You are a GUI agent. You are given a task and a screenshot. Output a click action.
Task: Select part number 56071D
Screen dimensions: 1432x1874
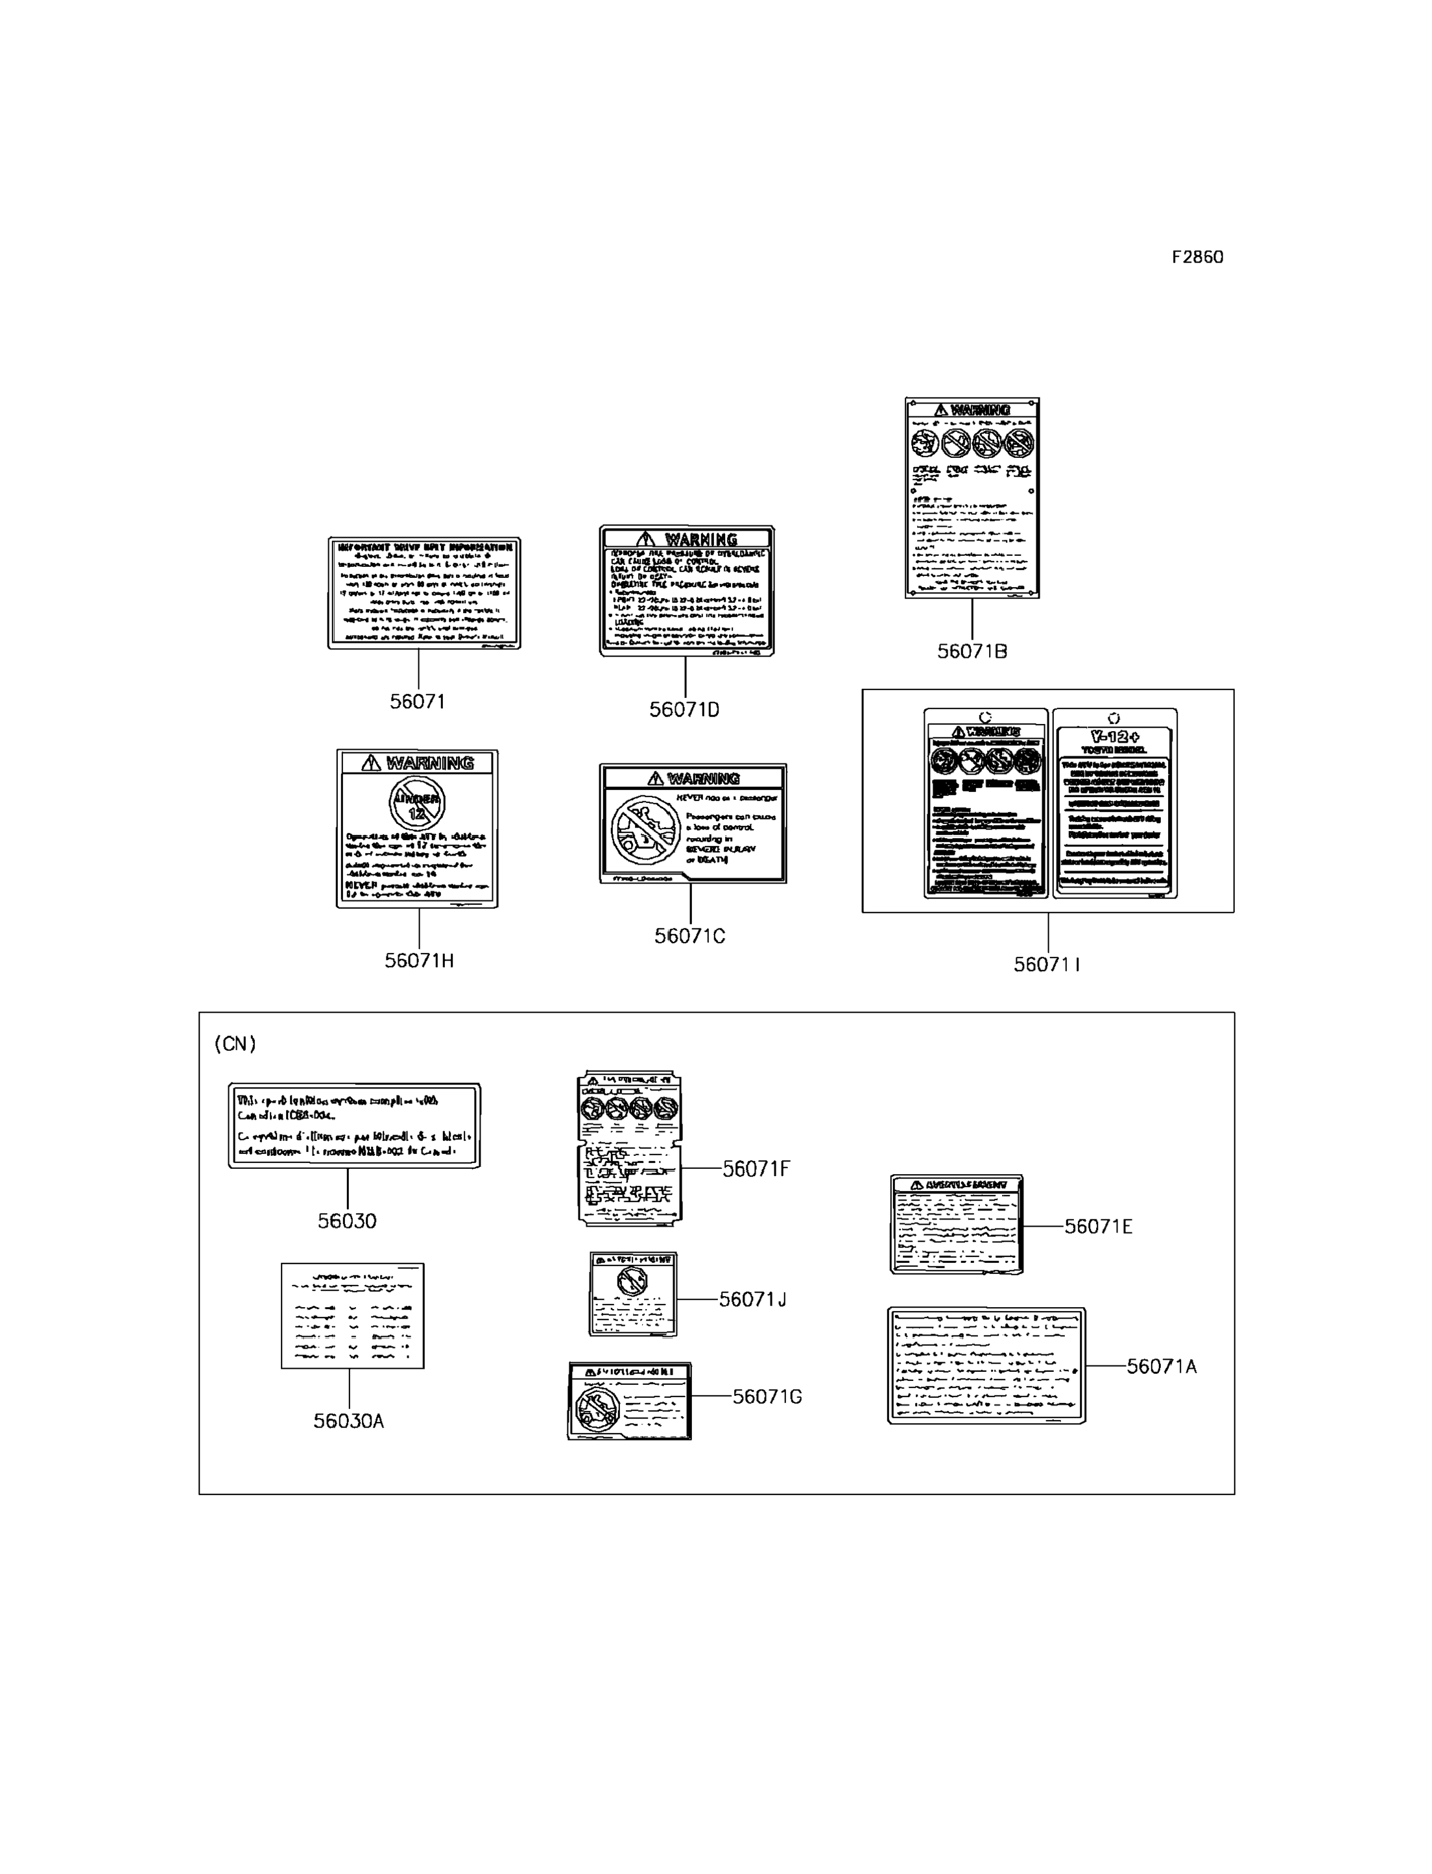coord(684,710)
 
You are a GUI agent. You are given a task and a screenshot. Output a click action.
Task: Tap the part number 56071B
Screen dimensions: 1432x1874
coord(972,651)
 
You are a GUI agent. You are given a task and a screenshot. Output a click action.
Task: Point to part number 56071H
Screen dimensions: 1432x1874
coord(418,961)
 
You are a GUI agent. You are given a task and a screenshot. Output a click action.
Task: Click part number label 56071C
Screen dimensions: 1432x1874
coord(689,936)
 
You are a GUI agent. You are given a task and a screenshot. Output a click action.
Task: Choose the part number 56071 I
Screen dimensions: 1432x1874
coord(1047,965)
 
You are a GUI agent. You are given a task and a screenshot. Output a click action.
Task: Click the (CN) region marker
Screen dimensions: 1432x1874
coord(234,1044)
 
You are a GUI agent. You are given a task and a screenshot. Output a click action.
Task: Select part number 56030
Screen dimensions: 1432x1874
coord(347,1221)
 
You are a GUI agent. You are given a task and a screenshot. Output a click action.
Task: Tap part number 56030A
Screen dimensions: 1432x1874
coord(349,1421)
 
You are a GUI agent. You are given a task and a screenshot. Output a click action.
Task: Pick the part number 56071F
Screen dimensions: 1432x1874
coord(756,1169)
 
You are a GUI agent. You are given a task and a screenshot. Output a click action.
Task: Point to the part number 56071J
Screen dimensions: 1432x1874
coord(752,1299)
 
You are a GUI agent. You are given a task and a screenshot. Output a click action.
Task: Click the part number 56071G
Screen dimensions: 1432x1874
coord(767,1397)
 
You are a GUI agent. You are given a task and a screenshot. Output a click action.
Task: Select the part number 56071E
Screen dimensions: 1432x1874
coord(1098,1227)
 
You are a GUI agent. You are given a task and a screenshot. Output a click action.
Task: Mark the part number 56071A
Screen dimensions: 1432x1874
coord(1161,1367)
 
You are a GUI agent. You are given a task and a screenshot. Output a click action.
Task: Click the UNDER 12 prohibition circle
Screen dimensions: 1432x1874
coord(417,803)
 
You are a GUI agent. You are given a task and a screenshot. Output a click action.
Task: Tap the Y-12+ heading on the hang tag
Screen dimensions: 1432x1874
coord(1115,737)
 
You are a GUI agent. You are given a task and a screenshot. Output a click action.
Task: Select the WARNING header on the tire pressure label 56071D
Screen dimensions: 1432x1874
coord(687,539)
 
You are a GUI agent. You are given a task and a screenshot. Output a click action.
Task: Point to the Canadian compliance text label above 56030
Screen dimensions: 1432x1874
coord(353,1125)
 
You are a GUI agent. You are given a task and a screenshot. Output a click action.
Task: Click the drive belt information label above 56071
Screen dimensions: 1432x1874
coord(424,592)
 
